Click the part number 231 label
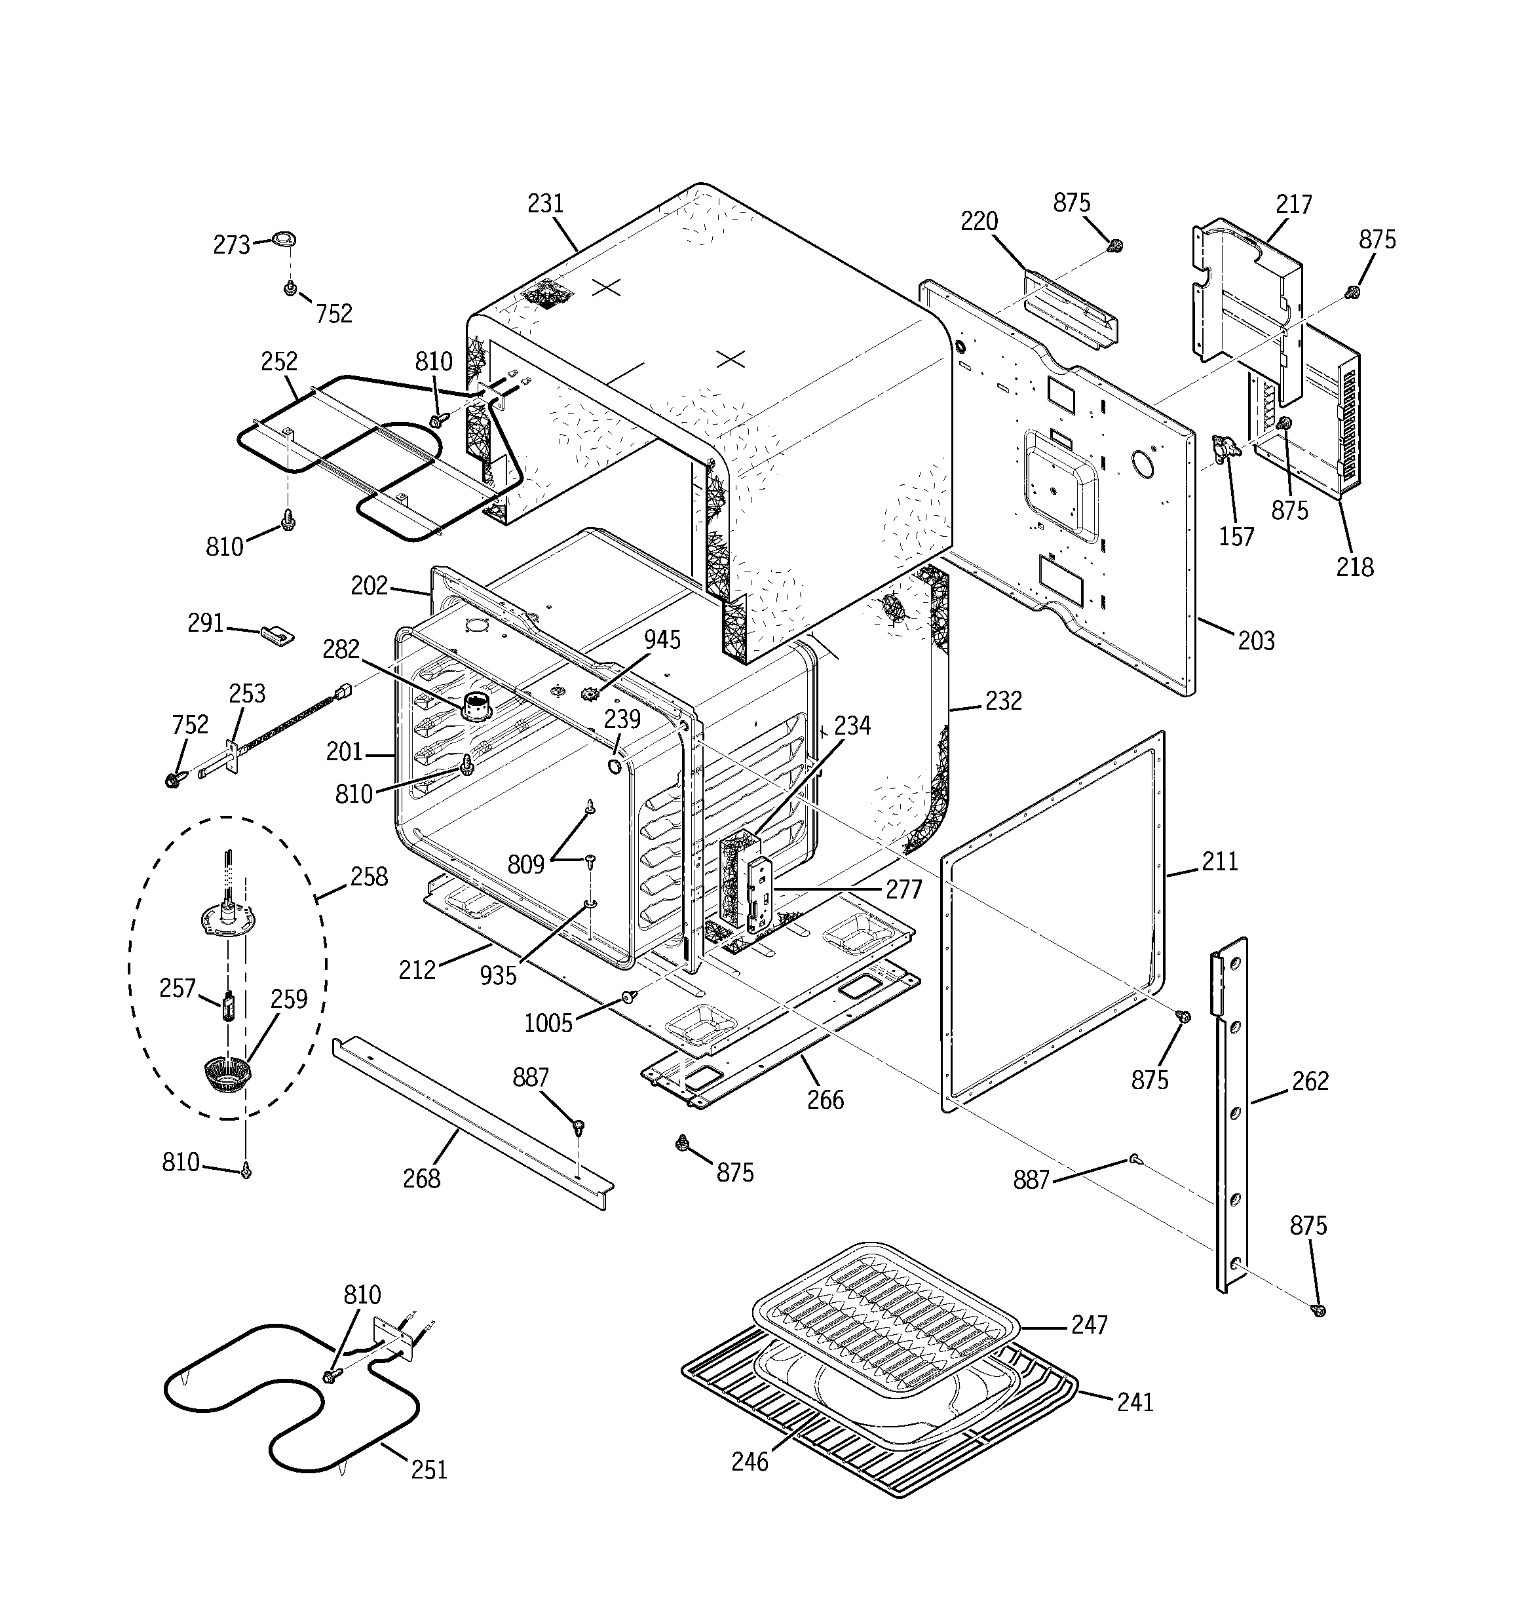pos(545,203)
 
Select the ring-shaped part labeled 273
pos(283,239)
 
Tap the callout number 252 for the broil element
pos(279,362)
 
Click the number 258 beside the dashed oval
pos(369,876)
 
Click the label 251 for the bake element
pos(429,1469)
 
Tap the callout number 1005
pos(548,1022)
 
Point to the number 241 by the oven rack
pos(1135,1402)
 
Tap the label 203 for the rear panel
pos(1256,640)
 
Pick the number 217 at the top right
pos(1294,204)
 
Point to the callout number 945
pos(662,640)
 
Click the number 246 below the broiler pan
pos(749,1461)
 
